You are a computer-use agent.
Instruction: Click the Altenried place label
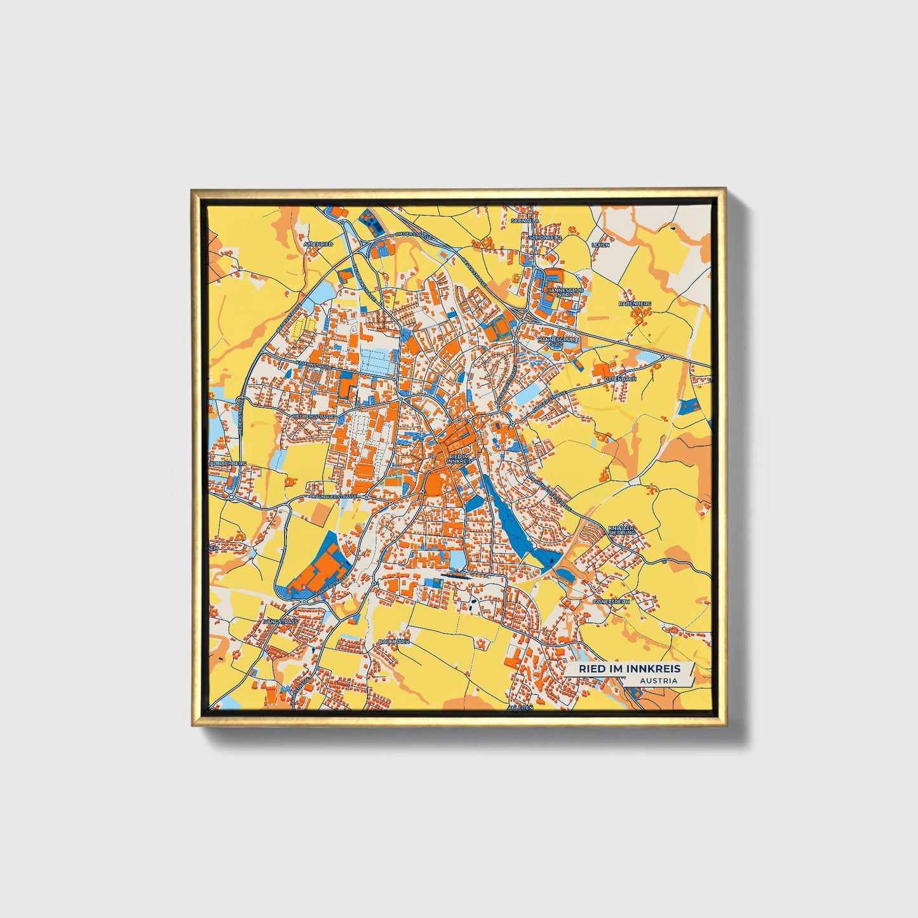[318, 244]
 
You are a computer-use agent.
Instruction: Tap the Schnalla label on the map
[525, 221]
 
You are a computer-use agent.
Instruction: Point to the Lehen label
[600, 245]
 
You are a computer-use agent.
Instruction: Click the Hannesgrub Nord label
[565, 292]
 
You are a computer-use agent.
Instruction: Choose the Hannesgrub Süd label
[557, 342]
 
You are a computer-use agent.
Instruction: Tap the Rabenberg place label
[635, 304]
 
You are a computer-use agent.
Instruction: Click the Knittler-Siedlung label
[621, 530]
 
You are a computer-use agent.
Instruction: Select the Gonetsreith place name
[611, 601]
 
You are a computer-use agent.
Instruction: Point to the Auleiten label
[519, 707]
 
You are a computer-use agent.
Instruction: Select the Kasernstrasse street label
[313, 365]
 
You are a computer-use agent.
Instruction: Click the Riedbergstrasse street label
[313, 416]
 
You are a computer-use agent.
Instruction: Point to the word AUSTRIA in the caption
[658, 681]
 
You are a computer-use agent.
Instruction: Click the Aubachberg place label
[227, 464]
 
